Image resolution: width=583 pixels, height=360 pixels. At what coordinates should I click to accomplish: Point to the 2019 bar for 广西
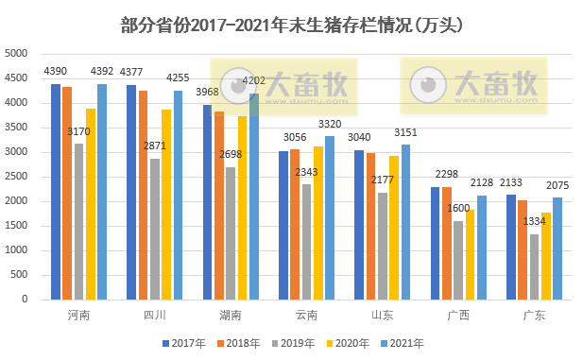click(458, 260)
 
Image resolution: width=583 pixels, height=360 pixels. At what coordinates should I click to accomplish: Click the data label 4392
click(102, 72)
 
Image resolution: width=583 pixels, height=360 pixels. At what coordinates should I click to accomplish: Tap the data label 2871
click(154, 147)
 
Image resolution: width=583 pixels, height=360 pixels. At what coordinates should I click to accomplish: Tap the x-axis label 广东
click(534, 315)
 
